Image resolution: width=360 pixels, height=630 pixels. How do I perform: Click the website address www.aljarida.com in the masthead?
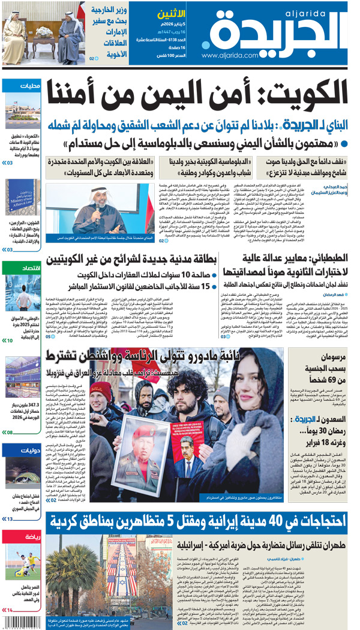235,55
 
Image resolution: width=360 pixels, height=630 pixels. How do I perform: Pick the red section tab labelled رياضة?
32,535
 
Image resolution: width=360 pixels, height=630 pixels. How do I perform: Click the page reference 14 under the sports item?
9,610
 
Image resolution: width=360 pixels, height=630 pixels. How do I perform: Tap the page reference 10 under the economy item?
9,340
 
